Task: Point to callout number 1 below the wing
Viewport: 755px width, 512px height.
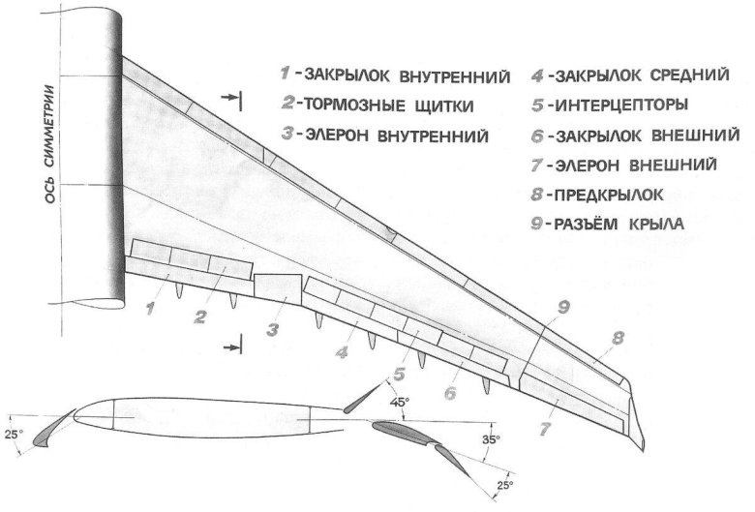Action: tap(152, 310)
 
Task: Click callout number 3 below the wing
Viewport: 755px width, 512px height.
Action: tap(273, 329)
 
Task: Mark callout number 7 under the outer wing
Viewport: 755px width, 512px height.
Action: tap(544, 425)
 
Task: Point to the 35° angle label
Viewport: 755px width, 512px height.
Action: tap(492, 438)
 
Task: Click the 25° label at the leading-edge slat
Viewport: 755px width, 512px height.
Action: tap(13, 435)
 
